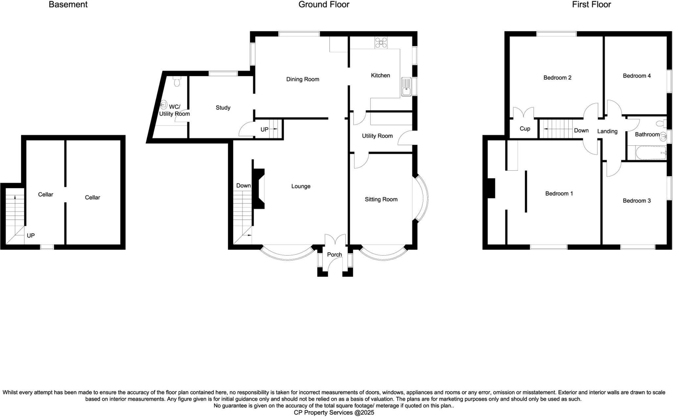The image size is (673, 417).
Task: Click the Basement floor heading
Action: pyautogui.click(x=68, y=5)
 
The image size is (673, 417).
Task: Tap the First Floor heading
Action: pyautogui.click(x=591, y=5)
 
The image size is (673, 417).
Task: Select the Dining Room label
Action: pyautogui.click(x=303, y=79)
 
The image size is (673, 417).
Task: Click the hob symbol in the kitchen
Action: pyautogui.click(x=381, y=42)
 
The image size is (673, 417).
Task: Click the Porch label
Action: pyautogui.click(x=335, y=255)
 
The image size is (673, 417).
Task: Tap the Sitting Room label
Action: pyautogui.click(x=381, y=199)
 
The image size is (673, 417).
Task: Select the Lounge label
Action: pyautogui.click(x=301, y=186)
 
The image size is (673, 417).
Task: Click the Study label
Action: pyautogui.click(x=223, y=108)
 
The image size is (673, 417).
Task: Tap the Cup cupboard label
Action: pyautogui.click(x=525, y=129)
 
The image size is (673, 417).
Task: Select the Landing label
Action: pyautogui.click(x=607, y=131)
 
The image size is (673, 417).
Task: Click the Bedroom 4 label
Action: pyautogui.click(x=637, y=76)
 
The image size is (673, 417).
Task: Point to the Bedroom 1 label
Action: pyautogui.click(x=559, y=193)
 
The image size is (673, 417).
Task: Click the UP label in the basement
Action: pyautogui.click(x=31, y=235)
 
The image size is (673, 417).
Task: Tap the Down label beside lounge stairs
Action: pyautogui.click(x=244, y=185)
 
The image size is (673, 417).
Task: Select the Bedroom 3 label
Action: pyautogui.click(x=637, y=201)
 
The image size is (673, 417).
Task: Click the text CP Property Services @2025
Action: pyautogui.click(x=334, y=412)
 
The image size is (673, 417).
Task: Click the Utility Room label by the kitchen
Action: pyautogui.click(x=377, y=136)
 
